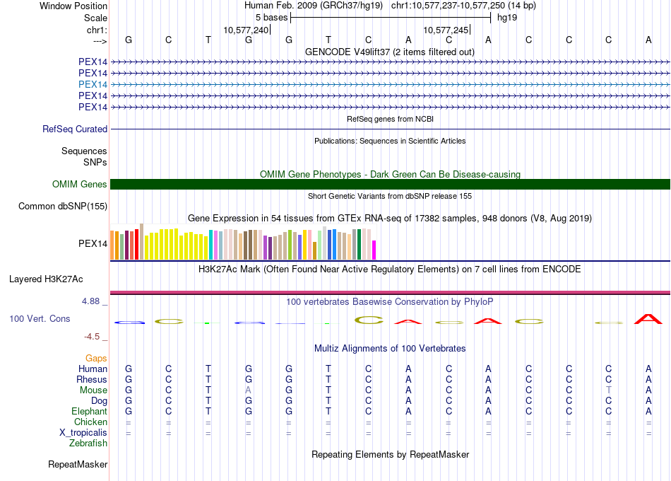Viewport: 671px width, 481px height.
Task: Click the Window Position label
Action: pyautogui.click(x=73, y=6)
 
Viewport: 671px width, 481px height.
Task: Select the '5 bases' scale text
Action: pyautogui.click(x=271, y=17)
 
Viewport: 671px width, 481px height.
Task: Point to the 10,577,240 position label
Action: pyautogui.click(x=246, y=30)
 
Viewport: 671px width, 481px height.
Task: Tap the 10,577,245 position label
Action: pyautogui.click(x=446, y=30)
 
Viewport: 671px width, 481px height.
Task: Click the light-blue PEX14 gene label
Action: pyautogui.click(x=93, y=84)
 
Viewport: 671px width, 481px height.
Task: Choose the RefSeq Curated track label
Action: pyautogui.click(x=75, y=129)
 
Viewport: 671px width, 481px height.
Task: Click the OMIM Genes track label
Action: pyautogui.click(x=80, y=185)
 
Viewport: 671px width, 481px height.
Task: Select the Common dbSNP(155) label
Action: pyautogui.click(x=64, y=207)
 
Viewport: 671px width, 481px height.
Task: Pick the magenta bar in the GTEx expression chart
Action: pyautogui.click(x=374, y=250)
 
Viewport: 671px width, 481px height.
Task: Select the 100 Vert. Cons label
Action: pyautogui.click(x=40, y=319)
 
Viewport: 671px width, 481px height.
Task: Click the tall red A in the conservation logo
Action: pyautogui.click(x=648, y=318)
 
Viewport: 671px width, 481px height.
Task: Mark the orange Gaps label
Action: pyautogui.click(x=96, y=359)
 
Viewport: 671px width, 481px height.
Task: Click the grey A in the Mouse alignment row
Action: pyautogui.click(x=248, y=390)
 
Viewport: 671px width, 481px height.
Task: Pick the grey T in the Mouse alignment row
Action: pyautogui.click(x=608, y=390)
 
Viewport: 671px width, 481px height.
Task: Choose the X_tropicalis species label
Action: pyautogui.click(x=83, y=433)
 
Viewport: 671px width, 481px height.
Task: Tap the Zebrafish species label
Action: pyautogui.click(x=88, y=444)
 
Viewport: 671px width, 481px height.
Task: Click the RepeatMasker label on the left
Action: pyautogui.click(x=78, y=465)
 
